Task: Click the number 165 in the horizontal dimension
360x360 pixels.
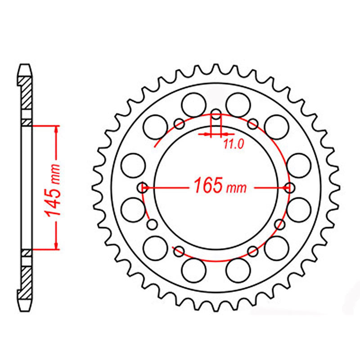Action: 208,186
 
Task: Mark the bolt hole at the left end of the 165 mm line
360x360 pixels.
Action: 144,186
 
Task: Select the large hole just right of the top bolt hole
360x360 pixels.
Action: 238,105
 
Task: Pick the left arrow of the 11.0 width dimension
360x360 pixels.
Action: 208,134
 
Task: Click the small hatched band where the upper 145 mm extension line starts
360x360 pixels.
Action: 27,122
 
